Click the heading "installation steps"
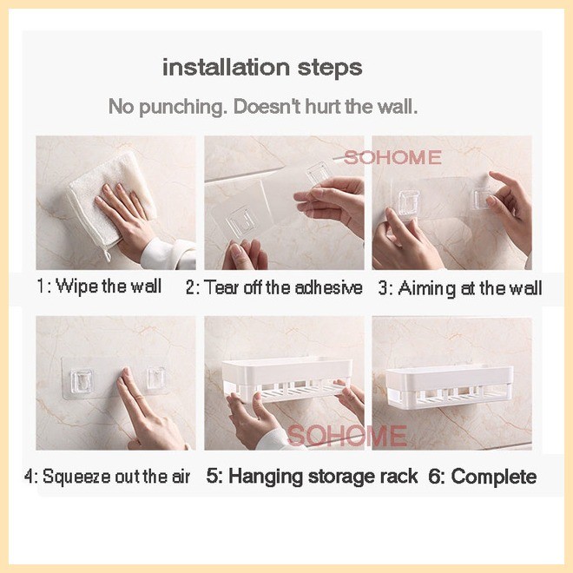(x=262, y=68)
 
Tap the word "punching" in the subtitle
(x=181, y=108)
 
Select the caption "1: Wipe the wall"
(x=99, y=286)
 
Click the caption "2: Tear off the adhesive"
(x=274, y=287)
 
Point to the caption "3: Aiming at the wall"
(x=460, y=288)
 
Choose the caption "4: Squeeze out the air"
(x=108, y=477)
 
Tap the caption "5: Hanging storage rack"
(x=312, y=476)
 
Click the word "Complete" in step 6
(x=494, y=477)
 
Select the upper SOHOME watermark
(x=392, y=158)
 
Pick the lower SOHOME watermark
(x=347, y=436)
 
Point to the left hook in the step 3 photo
(x=409, y=201)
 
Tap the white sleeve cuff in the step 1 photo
(x=168, y=253)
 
